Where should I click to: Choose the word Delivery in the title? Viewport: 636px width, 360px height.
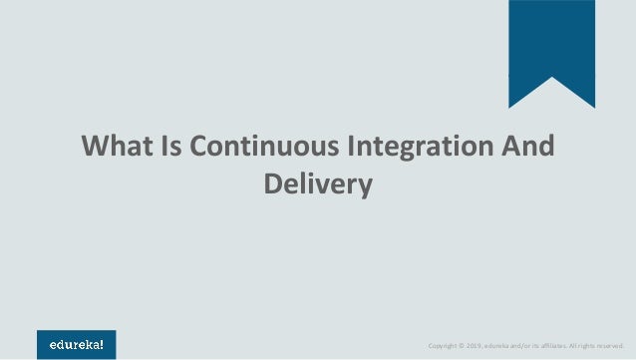tap(318, 184)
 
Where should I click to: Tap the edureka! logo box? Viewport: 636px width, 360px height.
tap(77, 345)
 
